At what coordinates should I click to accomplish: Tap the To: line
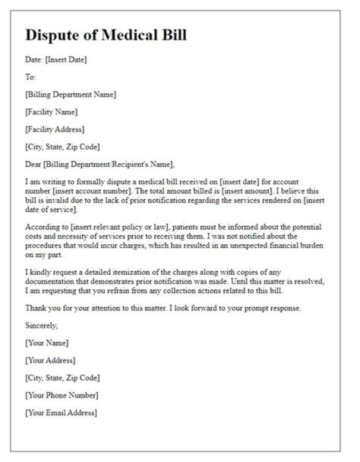pos(30,77)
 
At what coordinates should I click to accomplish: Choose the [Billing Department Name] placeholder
pos(70,94)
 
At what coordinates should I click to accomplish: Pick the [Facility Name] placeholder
pos(51,112)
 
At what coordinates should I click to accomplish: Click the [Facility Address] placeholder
pos(55,129)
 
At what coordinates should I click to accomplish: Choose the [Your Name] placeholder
pos(47,343)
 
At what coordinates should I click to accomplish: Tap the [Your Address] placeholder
pos(50,361)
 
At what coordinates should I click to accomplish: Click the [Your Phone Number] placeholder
pos(62,396)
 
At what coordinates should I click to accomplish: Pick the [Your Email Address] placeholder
pos(61,413)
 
